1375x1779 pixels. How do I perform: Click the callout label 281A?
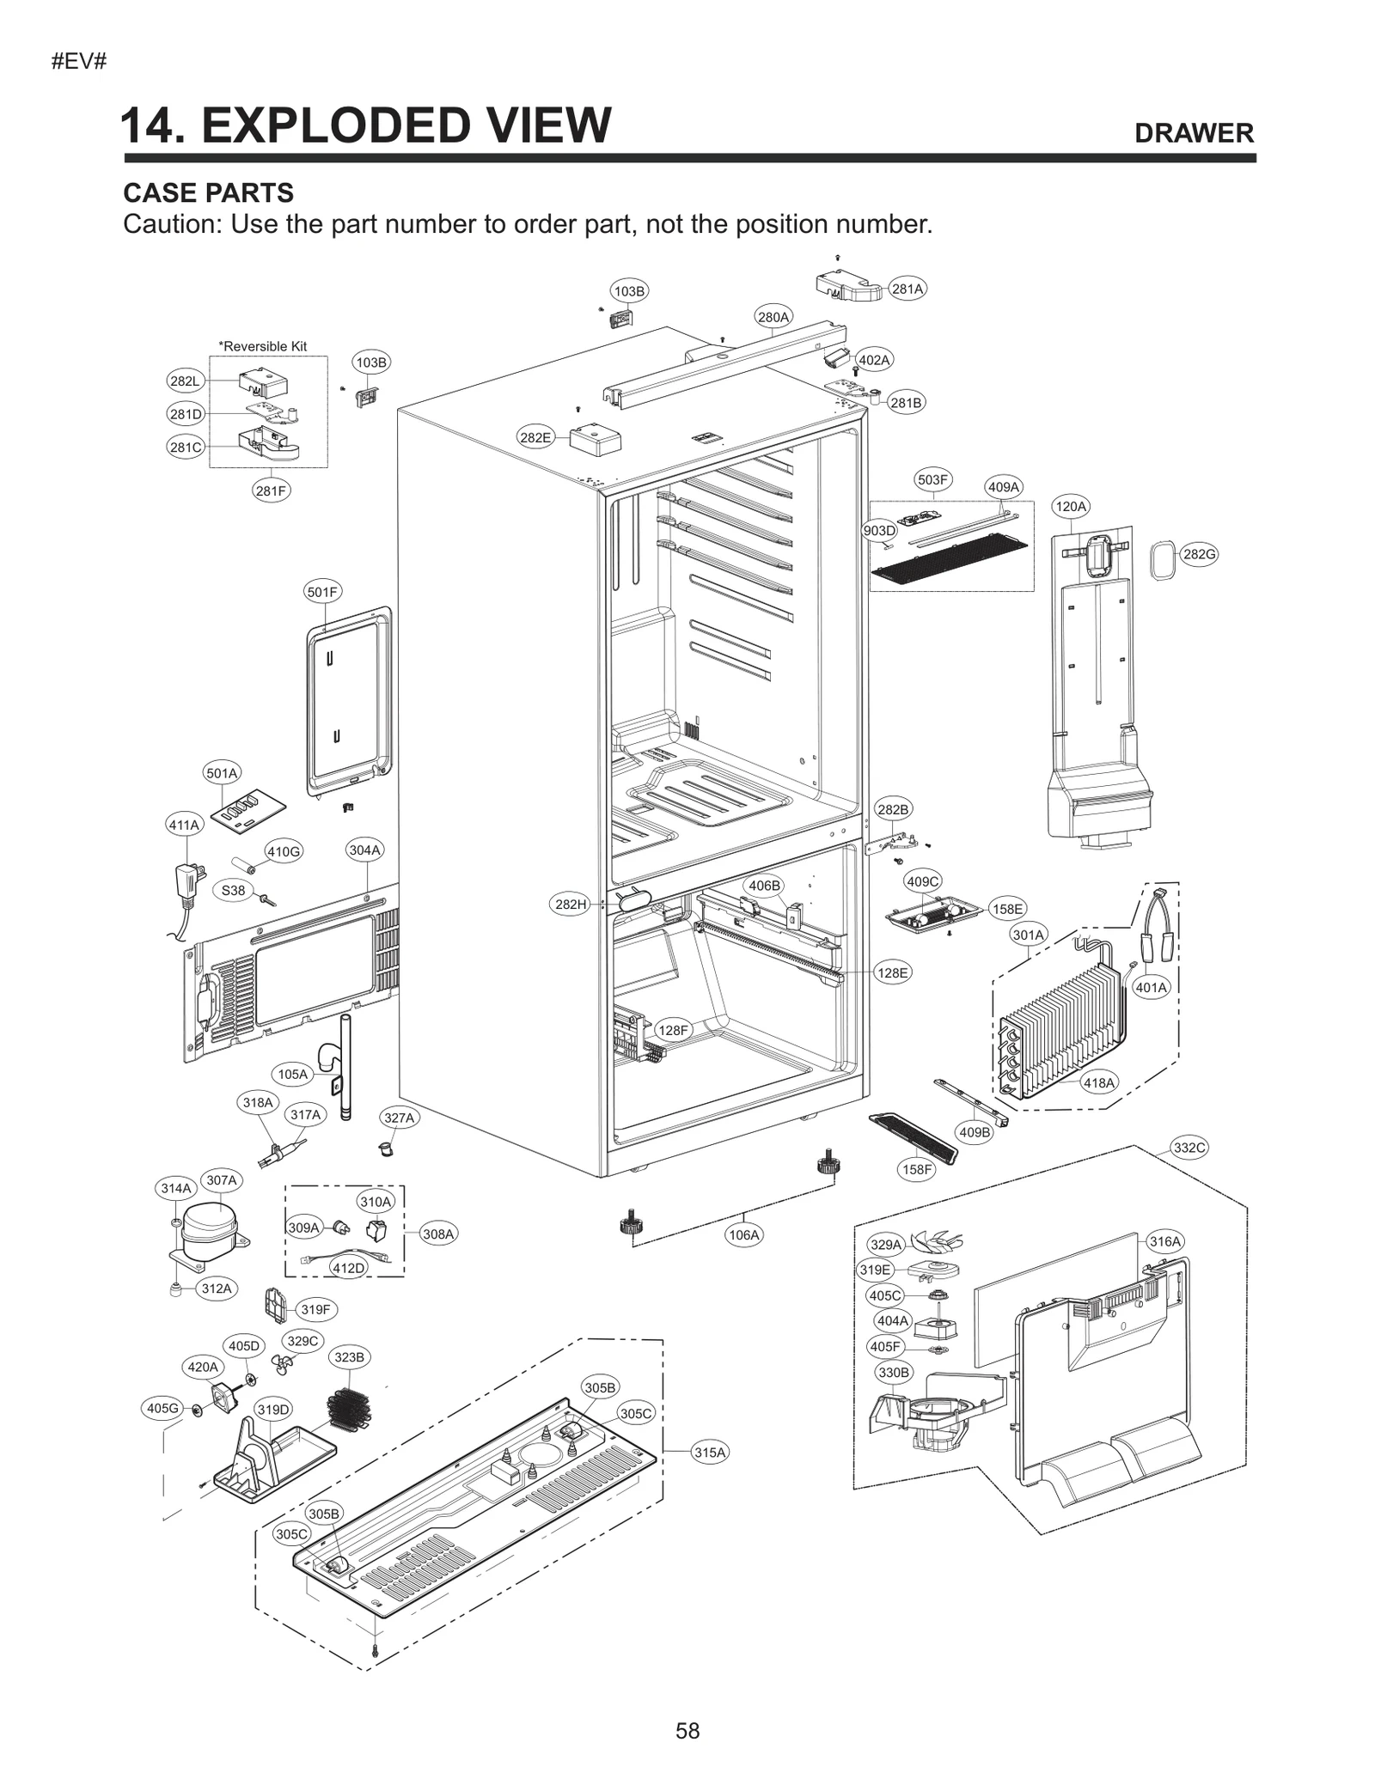[907, 289]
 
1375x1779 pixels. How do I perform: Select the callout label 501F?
[323, 592]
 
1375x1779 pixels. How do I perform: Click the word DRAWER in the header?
[1194, 133]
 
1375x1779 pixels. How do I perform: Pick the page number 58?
[687, 1730]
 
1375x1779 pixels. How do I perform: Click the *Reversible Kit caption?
[262, 346]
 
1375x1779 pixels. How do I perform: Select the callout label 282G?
[1199, 554]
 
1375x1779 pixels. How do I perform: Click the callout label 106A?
[744, 1235]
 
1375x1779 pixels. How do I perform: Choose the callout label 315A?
[710, 1452]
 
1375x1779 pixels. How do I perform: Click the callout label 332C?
[1189, 1148]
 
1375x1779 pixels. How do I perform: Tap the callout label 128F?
[673, 1030]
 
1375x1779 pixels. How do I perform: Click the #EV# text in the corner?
[78, 62]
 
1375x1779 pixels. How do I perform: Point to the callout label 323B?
[349, 1357]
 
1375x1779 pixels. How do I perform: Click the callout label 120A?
[1071, 507]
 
